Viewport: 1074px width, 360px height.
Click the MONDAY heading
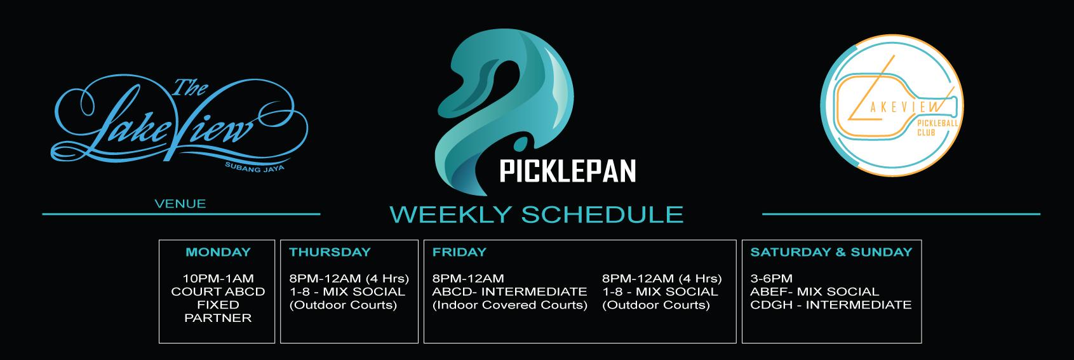[x=218, y=252]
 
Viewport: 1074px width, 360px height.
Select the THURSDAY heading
[x=330, y=252]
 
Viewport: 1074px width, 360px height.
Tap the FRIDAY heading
[x=459, y=252]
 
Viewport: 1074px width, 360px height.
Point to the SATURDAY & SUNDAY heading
[x=831, y=252]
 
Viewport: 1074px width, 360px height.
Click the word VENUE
[x=180, y=204]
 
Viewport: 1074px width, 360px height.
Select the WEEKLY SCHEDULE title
[x=537, y=215]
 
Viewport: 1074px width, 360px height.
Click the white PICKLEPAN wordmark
[x=568, y=171]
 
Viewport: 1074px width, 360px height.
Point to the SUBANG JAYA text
[x=255, y=167]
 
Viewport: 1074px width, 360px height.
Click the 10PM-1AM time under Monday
[x=218, y=279]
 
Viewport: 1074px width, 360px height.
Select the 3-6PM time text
[x=772, y=279]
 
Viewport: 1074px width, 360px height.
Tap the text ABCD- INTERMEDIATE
[x=509, y=291]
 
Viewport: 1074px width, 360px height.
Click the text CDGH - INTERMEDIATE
[x=831, y=305]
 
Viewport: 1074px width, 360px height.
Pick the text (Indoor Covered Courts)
[x=509, y=305]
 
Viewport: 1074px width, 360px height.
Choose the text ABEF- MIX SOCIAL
[x=815, y=291]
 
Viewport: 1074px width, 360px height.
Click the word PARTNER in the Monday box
[x=218, y=318]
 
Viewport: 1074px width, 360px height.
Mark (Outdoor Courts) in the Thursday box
[x=344, y=305]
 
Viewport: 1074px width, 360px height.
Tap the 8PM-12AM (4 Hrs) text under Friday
[x=662, y=279]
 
